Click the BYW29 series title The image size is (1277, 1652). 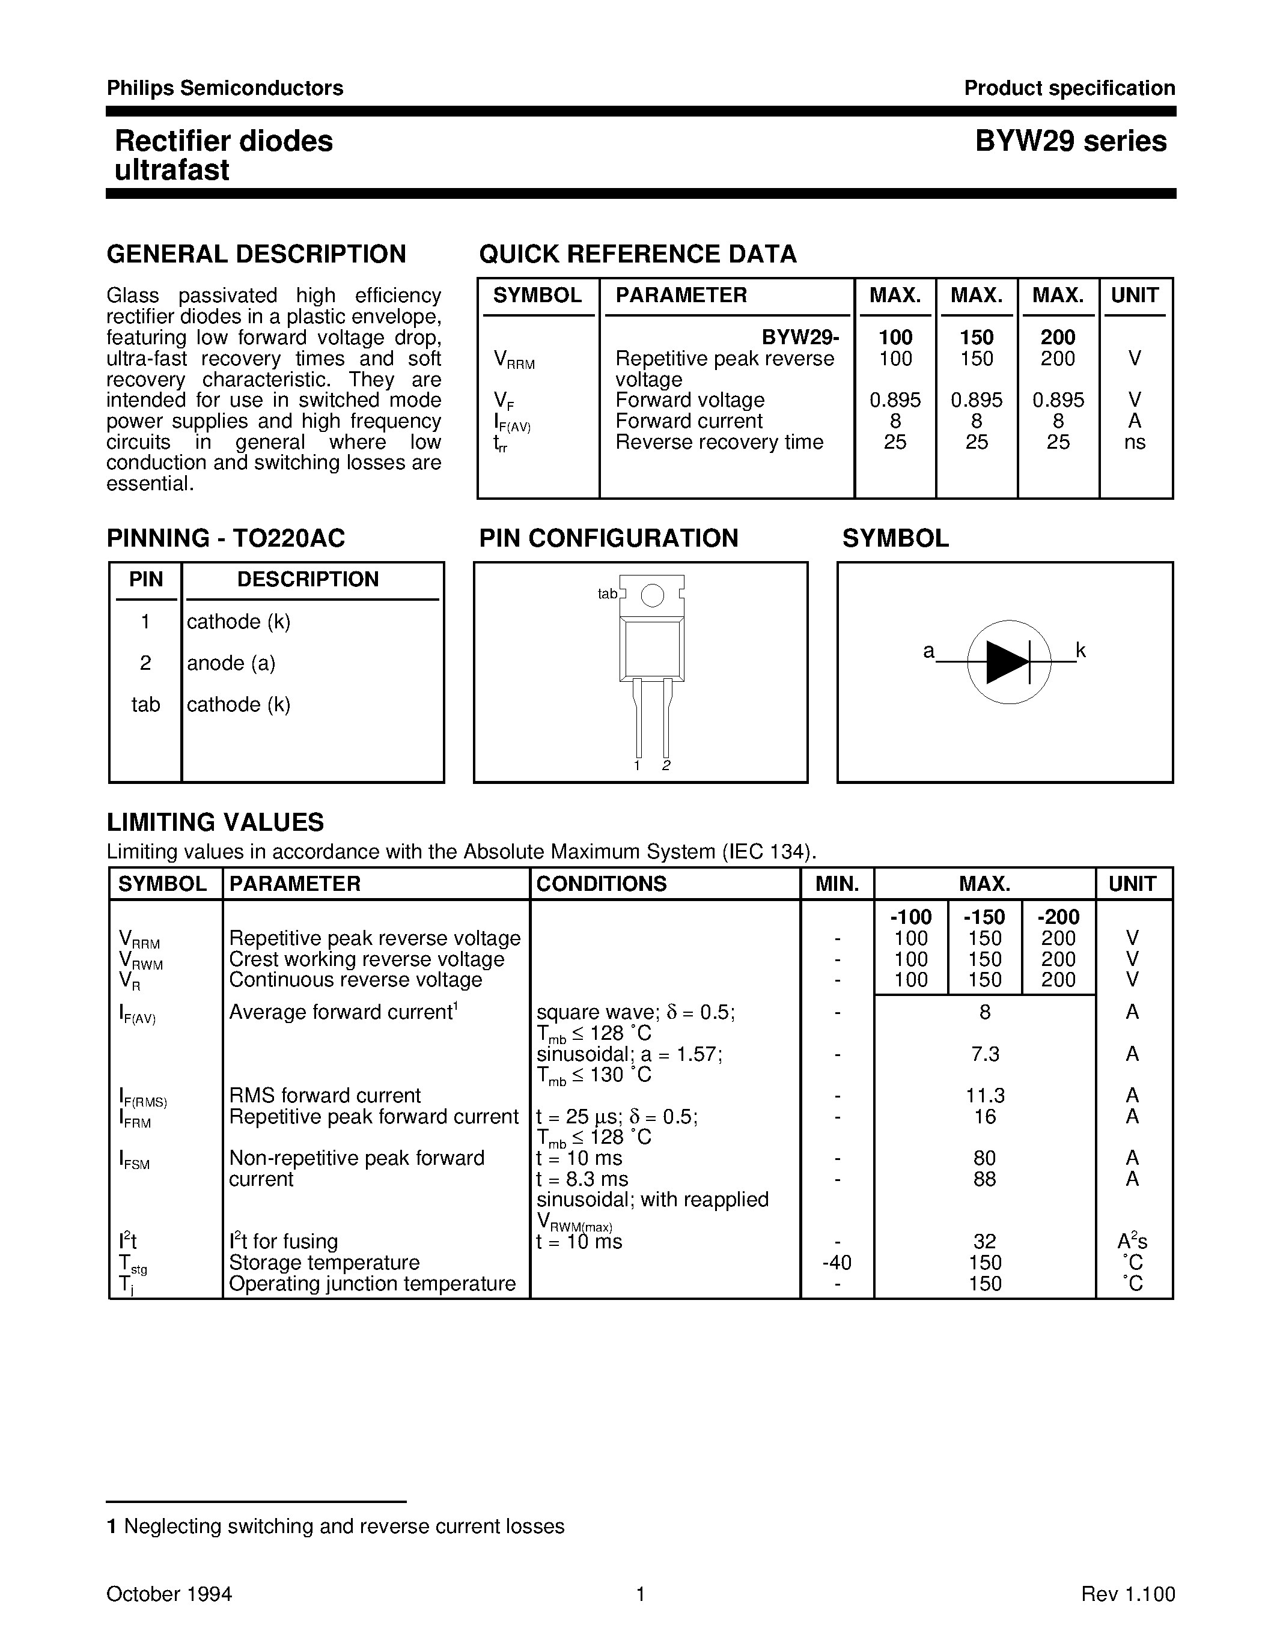tap(1070, 141)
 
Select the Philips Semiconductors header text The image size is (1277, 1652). tap(225, 88)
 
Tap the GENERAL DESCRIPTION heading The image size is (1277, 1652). tap(257, 254)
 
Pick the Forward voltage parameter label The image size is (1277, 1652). tap(689, 400)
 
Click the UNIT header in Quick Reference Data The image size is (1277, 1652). tap(1134, 295)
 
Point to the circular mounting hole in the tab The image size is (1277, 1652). tap(652, 596)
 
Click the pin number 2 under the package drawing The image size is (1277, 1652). tap(666, 765)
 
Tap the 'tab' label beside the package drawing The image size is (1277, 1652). tap(608, 594)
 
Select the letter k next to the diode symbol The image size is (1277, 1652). tap(1080, 650)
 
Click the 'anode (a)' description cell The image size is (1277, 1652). tap(231, 663)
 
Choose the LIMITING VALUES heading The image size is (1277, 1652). tap(215, 822)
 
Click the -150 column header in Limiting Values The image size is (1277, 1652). tap(984, 917)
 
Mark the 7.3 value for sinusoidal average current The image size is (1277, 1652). tap(984, 1054)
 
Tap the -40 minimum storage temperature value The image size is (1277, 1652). tap(837, 1263)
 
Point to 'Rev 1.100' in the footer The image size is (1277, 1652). tap(1127, 1594)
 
